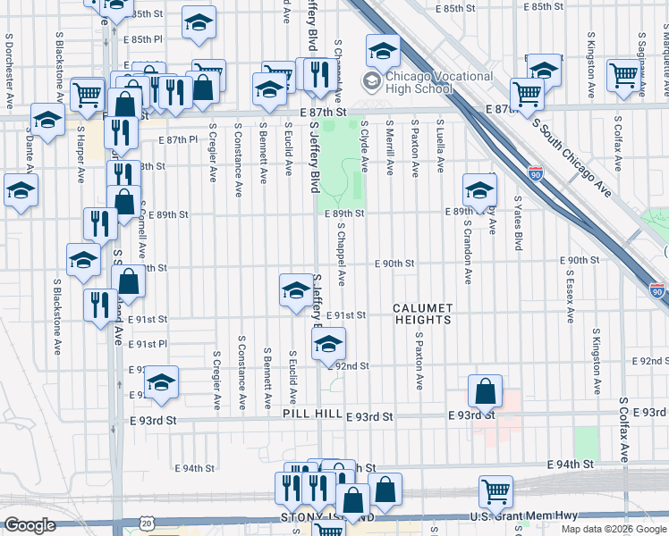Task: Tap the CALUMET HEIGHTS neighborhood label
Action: click(x=423, y=308)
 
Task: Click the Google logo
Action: click(x=30, y=526)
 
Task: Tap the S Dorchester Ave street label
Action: click(x=8, y=71)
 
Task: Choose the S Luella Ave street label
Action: click(x=440, y=143)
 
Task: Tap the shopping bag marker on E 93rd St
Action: click(x=485, y=391)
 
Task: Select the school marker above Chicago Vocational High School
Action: click(x=383, y=51)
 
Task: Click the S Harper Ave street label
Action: click(x=80, y=151)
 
